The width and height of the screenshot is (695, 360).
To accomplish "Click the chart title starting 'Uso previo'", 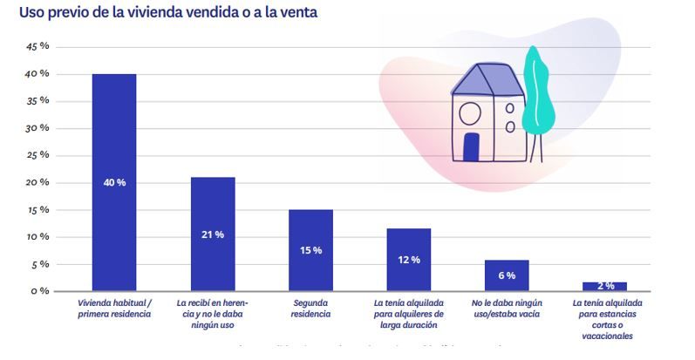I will coord(168,12).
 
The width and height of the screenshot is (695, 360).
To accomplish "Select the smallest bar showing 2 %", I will coord(604,286).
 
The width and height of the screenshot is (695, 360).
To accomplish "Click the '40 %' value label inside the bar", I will coord(114,182).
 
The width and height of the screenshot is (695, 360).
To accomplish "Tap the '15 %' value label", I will coord(310,250).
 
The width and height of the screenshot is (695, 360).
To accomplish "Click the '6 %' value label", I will coord(507,275).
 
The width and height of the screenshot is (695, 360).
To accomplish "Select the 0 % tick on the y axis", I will coord(38,290).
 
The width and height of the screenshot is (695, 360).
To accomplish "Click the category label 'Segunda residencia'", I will coord(310,309).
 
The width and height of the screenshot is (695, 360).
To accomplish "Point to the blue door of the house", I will coord(471,146).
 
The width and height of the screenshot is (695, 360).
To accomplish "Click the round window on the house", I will coord(469,113).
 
